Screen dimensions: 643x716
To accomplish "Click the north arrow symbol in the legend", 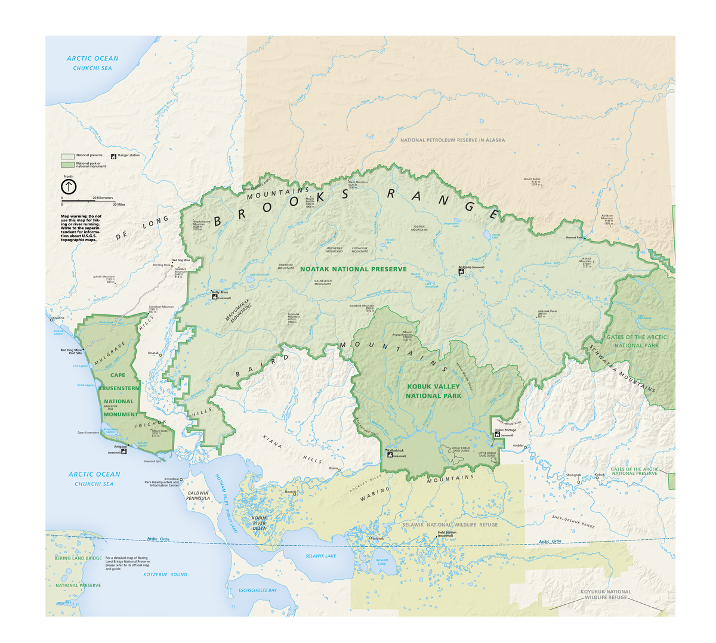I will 69,187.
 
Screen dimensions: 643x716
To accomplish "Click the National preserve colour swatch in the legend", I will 67,156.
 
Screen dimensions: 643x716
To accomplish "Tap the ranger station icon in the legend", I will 114,156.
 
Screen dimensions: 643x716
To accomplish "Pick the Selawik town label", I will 378,538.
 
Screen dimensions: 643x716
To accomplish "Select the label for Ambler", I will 518,446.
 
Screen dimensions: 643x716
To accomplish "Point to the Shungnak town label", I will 573,475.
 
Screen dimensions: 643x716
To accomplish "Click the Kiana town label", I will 332,468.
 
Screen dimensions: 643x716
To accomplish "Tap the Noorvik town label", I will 290,491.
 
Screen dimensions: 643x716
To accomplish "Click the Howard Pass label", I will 574,237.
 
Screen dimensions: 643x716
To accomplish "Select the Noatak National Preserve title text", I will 353,269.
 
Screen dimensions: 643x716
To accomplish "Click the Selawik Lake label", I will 320,555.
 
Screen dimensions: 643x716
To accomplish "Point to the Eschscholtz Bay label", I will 257,590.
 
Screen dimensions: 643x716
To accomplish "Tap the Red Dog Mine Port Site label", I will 71,351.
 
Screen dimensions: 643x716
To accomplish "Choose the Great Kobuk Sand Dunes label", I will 461,449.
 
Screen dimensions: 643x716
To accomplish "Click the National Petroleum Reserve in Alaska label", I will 452,140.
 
